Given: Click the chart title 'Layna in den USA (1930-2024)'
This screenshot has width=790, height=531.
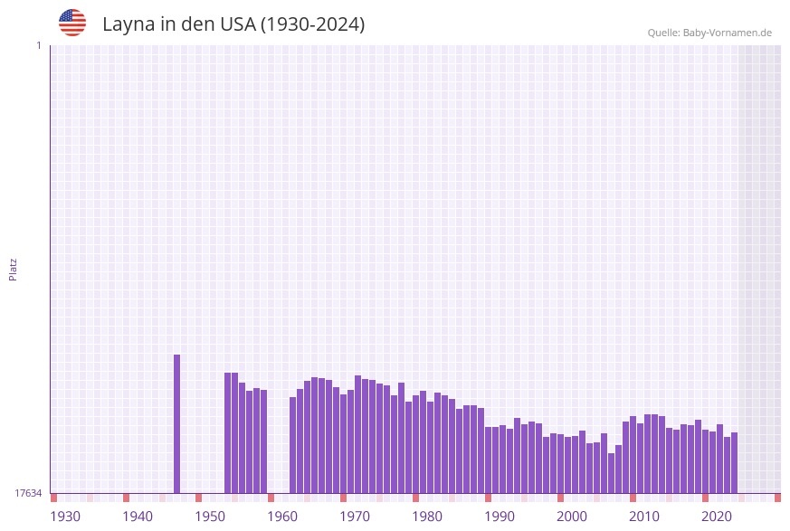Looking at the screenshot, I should point(233,24).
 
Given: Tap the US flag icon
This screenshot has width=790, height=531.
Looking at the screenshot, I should point(72,23).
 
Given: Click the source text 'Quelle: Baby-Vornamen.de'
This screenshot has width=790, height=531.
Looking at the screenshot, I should point(709,33).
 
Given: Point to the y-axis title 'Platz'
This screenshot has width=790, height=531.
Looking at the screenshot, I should point(13,269).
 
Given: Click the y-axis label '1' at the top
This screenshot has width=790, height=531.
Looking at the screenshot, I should point(38,45).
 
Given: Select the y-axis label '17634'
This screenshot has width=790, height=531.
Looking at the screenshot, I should point(28,493).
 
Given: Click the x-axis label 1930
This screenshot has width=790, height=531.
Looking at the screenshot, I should point(65,517).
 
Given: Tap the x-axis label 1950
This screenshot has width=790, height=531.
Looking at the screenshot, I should point(210,517).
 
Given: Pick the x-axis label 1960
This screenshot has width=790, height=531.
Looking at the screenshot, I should point(282,517).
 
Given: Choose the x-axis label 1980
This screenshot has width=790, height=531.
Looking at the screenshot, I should point(427,517).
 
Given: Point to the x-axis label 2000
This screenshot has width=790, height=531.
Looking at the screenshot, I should point(572,517).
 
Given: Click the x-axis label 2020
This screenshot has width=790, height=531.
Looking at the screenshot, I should point(717,517).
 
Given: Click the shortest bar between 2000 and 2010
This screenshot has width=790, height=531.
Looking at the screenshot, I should point(612,473).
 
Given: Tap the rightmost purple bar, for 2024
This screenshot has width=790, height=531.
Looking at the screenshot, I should point(735,462).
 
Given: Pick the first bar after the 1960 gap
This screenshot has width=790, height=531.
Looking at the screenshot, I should point(293,444).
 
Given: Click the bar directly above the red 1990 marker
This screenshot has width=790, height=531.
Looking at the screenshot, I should point(489,460).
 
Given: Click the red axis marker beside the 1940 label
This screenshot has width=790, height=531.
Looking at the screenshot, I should point(127,498).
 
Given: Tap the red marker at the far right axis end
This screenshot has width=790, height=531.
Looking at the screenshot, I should point(777,498).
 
